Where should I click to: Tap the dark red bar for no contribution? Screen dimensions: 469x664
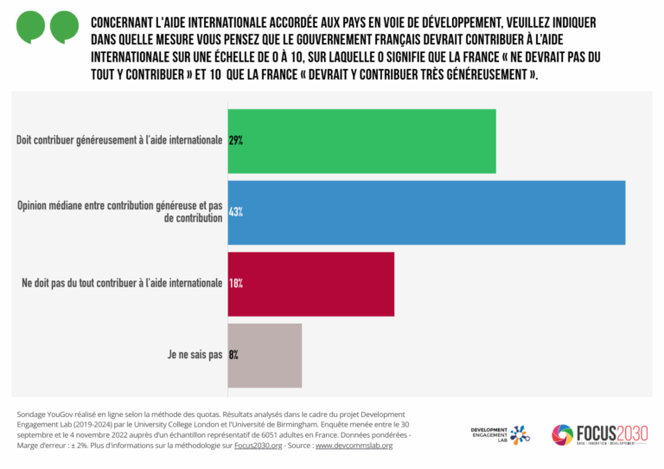(x=310, y=284)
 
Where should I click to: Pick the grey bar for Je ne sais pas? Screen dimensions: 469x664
(x=265, y=355)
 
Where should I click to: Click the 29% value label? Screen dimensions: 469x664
(x=235, y=140)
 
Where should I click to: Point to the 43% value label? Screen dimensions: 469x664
(x=235, y=212)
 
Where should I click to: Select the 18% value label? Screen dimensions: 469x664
(x=235, y=283)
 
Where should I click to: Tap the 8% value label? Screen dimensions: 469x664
(x=233, y=355)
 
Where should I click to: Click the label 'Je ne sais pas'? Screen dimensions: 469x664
(x=195, y=355)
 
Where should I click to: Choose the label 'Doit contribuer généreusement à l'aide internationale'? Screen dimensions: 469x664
(x=119, y=140)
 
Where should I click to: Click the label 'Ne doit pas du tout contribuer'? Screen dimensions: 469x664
(x=122, y=283)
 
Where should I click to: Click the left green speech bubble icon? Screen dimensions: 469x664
(x=32, y=27)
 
